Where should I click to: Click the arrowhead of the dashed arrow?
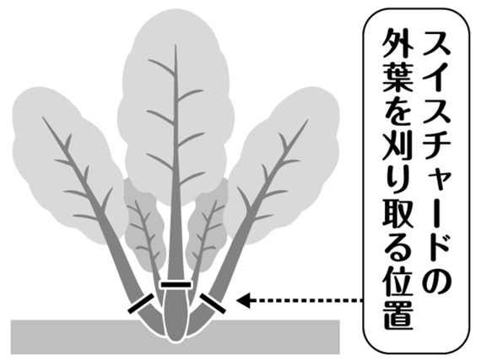(x=244, y=299)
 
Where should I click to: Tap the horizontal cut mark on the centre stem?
(x=176, y=285)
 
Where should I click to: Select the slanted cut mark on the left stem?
(x=140, y=304)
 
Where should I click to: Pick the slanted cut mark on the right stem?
(x=213, y=304)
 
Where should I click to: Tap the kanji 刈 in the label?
(x=397, y=150)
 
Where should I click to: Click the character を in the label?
(x=397, y=114)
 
